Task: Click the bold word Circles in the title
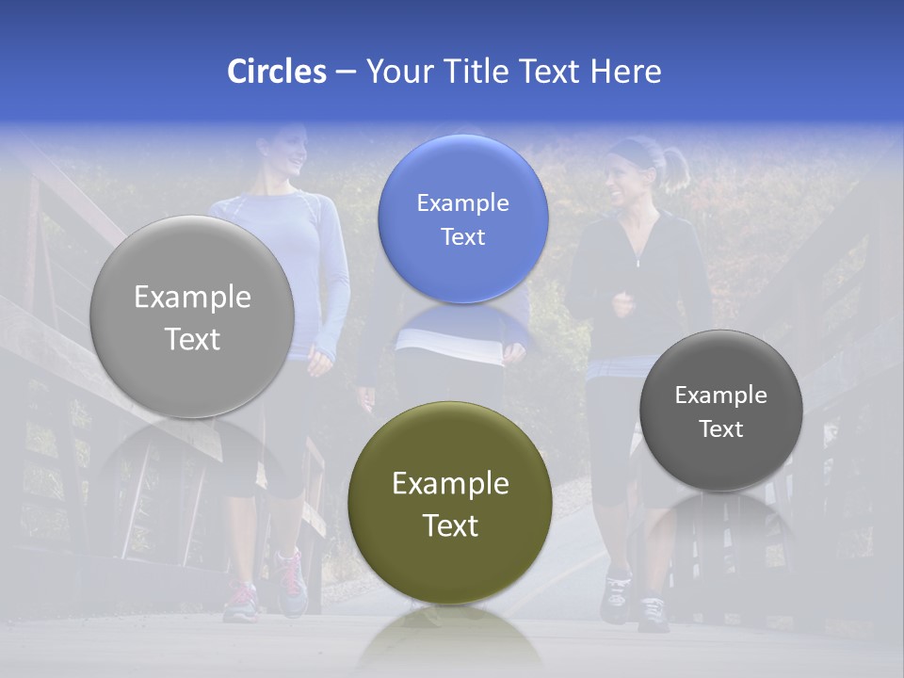276,72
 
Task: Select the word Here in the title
625,72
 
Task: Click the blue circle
462,218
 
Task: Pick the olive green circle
450,503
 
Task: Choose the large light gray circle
192,316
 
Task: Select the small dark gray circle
720,411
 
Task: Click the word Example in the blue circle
462,202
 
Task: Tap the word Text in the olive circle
450,525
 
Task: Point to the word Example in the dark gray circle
720,395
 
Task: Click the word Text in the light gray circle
192,339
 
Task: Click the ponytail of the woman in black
676,168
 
